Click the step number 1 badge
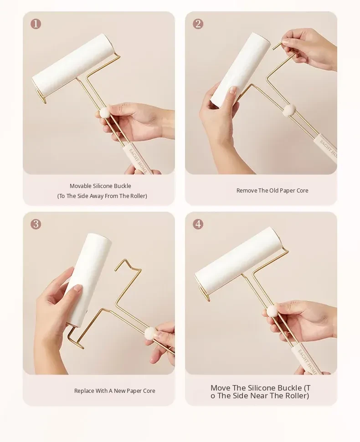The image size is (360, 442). (36, 24)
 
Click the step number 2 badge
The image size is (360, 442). (198, 24)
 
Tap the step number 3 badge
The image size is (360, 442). (36, 224)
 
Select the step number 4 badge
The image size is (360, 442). (198, 224)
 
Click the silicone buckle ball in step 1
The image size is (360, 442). (105, 112)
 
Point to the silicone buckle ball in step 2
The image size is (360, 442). (289, 110)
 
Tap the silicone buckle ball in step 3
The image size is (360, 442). (150, 333)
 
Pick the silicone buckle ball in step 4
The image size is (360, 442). (273, 311)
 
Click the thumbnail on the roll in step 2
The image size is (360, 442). (232, 90)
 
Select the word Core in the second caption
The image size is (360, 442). (302, 191)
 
